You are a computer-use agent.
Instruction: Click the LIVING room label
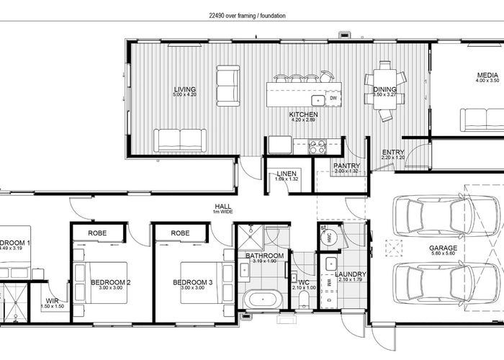184,90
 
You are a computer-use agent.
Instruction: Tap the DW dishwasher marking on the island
333,98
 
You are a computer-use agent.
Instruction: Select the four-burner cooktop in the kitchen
318,146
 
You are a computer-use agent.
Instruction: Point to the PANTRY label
346,166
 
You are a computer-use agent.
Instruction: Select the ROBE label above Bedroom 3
181,233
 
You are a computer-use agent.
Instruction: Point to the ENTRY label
393,152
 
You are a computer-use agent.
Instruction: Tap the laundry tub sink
329,264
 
